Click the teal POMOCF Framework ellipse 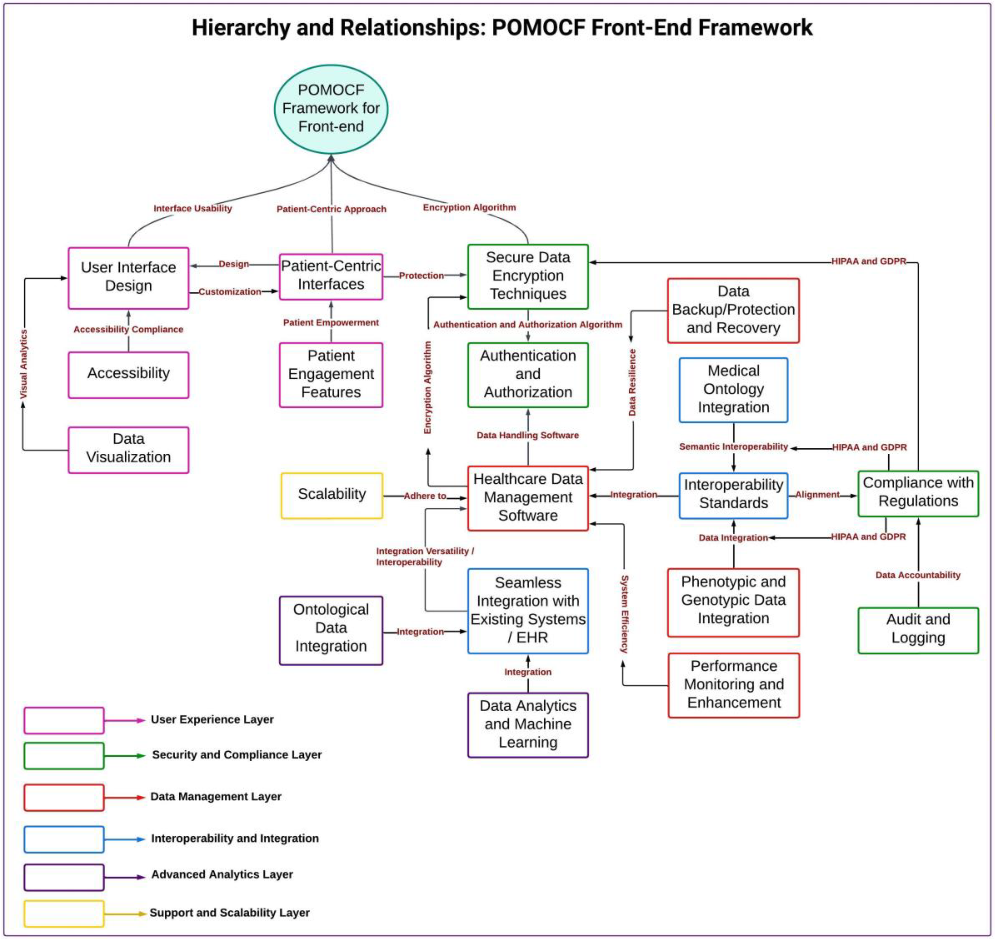[331, 109]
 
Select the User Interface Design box [129, 278]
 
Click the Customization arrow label [230, 292]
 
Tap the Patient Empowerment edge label [331, 323]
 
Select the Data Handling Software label [527, 435]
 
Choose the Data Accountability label [918, 575]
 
